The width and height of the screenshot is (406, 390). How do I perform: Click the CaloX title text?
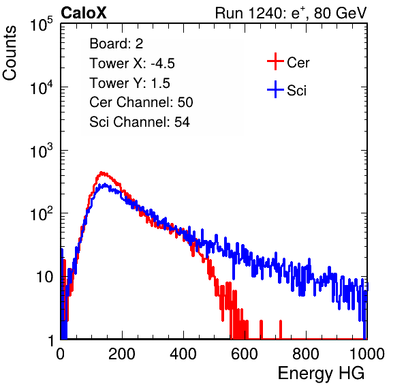pos(84,13)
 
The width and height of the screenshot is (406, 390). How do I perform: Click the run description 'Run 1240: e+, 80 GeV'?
pos(291,13)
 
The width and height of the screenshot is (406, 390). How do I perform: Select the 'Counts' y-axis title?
pos(10,53)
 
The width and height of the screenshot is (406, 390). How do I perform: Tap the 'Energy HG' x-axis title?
pos(321,374)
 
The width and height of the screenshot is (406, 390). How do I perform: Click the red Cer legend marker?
pos(275,61)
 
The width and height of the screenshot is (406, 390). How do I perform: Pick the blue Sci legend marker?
pos(275,89)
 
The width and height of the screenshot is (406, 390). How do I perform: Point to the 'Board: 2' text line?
pos(116,44)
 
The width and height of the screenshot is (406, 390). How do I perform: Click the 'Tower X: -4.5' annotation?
pos(132,63)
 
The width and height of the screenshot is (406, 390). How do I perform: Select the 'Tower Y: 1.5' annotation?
pos(129,83)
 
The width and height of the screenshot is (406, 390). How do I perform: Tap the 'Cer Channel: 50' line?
pos(141,102)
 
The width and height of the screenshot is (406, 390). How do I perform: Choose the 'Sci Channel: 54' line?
pos(140,122)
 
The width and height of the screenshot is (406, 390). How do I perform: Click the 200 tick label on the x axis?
pos(122,354)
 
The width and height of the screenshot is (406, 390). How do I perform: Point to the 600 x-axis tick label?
pos(245,354)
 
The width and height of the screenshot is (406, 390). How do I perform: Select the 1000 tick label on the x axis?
pos(367,354)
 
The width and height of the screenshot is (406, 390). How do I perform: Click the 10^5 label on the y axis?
pos(42,25)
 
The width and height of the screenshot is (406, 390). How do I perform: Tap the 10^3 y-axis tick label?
pos(42,151)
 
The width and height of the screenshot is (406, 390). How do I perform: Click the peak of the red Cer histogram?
pos(101,172)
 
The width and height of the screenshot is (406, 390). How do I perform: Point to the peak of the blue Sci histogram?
pos(105,184)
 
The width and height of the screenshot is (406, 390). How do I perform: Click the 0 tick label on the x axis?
pos(61,354)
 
